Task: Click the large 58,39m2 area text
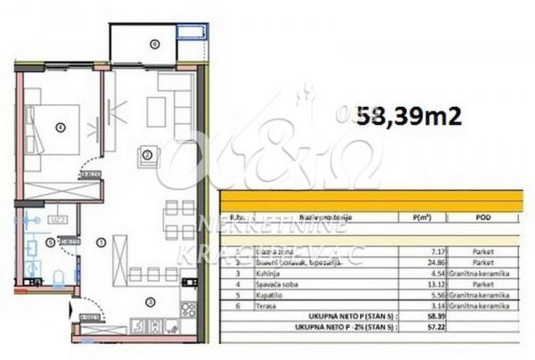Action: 409,115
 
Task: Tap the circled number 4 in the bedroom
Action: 61,127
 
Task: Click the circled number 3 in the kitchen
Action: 150,300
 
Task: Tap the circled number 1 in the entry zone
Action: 101,241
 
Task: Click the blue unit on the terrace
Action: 191,34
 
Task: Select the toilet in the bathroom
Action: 56,278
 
